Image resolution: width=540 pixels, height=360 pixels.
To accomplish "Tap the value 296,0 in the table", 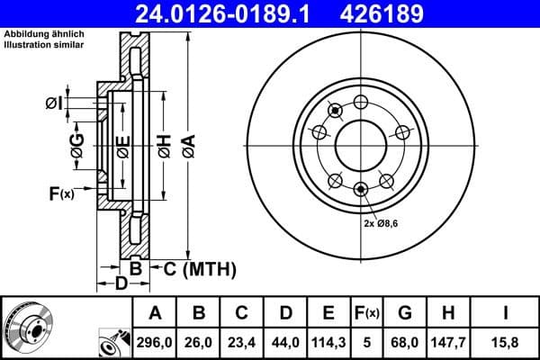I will [x=155, y=342].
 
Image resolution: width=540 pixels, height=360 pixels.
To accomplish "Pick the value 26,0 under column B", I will [x=199, y=342].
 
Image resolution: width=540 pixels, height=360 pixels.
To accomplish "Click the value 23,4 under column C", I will [x=242, y=342].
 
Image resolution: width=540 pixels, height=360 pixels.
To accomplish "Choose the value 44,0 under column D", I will [x=285, y=342].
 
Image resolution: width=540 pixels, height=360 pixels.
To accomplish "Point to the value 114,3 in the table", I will [x=328, y=342].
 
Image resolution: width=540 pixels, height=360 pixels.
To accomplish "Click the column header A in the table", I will [x=155, y=313].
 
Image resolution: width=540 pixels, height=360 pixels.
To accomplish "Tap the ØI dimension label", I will [x=55, y=103].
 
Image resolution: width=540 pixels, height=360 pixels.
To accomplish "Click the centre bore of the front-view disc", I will [x=361, y=144].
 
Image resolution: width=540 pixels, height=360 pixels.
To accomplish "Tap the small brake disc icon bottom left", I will [x=26, y=326].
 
